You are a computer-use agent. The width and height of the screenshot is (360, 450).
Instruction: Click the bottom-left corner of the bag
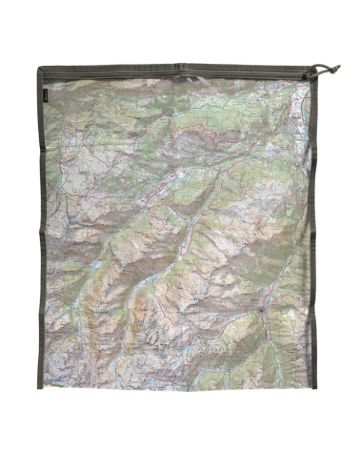[x=40, y=378]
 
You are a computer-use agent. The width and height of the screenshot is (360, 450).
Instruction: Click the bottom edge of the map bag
[x=181, y=378]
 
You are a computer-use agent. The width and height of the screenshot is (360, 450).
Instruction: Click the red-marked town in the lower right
[x=259, y=314]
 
